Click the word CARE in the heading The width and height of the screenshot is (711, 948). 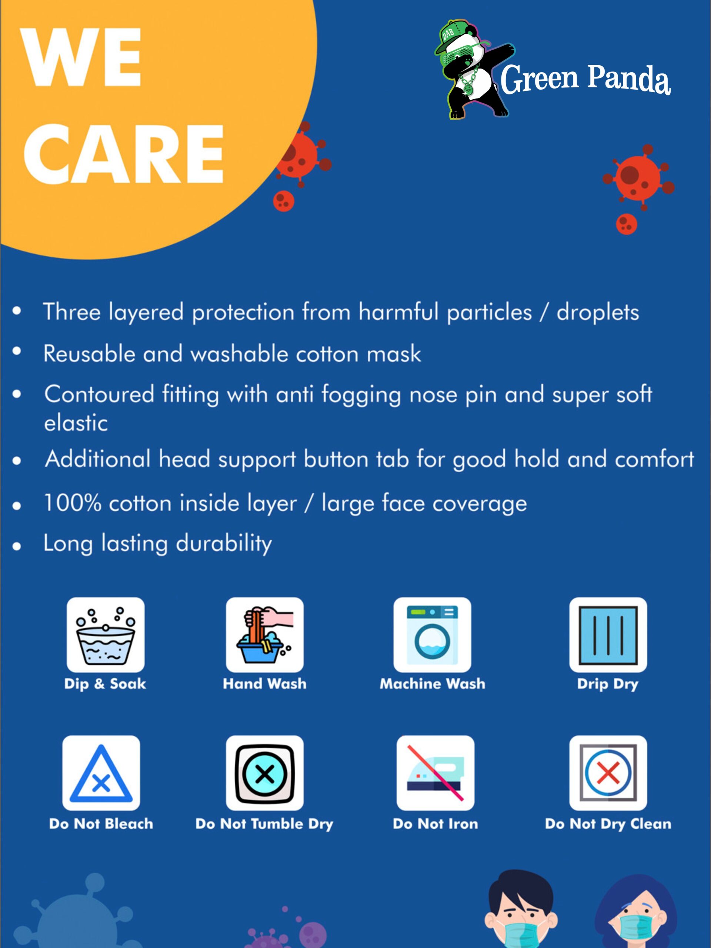(x=123, y=154)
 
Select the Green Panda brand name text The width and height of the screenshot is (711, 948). (x=585, y=80)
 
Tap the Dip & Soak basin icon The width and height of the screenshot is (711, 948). (x=106, y=635)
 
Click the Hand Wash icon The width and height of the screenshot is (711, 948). (x=264, y=635)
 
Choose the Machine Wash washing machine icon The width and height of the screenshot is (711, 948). (x=432, y=635)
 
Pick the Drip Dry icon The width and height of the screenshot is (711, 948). (x=608, y=635)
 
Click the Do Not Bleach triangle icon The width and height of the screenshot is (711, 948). (x=101, y=773)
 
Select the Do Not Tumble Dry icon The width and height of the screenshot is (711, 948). (x=264, y=773)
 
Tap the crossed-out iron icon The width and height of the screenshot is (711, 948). (x=435, y=773)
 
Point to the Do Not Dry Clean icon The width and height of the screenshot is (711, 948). (x=608, y=773)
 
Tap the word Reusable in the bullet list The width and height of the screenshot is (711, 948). (x=89, y=354)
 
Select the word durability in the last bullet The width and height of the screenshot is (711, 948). (x=224, y=544)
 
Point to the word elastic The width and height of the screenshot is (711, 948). (x=76, y=423)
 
